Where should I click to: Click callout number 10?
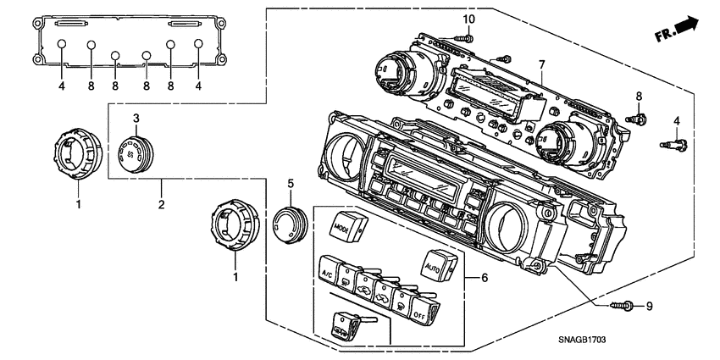click(x=468, y=19)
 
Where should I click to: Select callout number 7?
click(x=541, y=64)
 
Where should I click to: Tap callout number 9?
click(x=651, y=306)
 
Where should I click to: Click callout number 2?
click(x=162, y=203)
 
